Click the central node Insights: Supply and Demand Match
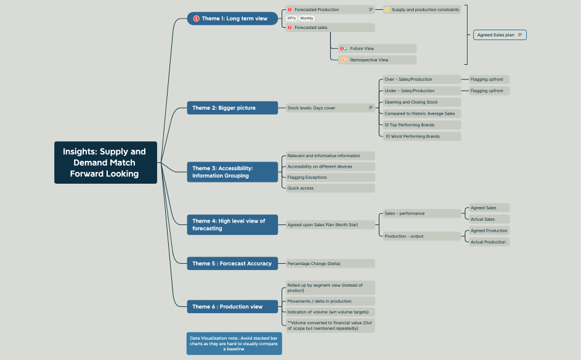pos(105,162)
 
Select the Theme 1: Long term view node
pos(232,18)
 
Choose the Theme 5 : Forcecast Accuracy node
pos(232,263)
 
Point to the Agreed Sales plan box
pos(499,35)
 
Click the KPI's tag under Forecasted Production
pos(291,18)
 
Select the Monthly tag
pos(307,18)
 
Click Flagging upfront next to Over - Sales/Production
pos(487,79)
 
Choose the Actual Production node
pos(489,242)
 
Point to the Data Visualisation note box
pos(234,343)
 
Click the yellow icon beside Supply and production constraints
pos(387,10)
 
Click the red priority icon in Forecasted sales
pos(290,27)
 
